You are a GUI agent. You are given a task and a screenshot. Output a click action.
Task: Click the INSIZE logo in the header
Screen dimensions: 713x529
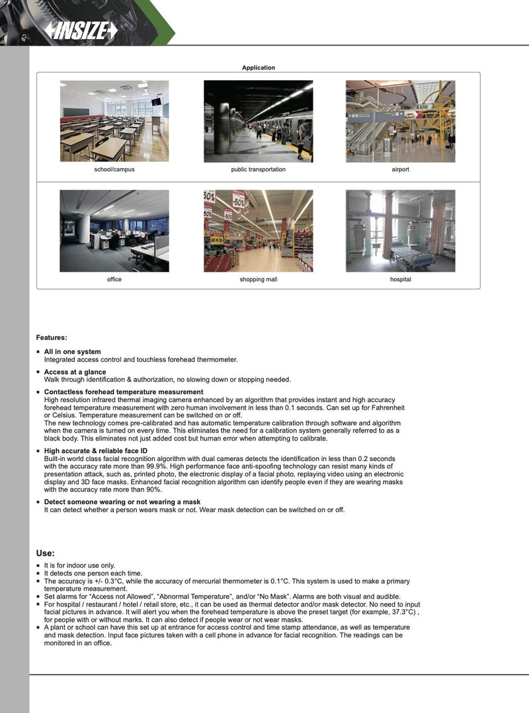tap(81, 30)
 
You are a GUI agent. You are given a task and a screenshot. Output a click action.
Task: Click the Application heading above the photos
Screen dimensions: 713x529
tap(258, 67)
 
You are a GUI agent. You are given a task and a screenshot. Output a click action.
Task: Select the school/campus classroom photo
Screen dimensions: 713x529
tap(114, 121)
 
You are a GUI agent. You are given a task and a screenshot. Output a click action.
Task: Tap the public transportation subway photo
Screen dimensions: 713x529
tap(258, 121)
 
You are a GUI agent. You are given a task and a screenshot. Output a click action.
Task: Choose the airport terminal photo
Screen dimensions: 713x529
tap(400, 121)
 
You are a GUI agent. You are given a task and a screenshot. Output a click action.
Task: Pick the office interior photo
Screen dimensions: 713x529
tap(114, 231)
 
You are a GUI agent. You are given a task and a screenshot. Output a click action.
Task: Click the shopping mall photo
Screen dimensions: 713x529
tap(258, 231)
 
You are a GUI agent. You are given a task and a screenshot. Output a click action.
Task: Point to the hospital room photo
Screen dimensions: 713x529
tap(400, 231)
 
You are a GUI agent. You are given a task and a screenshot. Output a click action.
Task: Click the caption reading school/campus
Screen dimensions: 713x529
tap(114, 170)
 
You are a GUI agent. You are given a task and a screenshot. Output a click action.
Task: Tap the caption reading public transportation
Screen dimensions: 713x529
tap(258, 170)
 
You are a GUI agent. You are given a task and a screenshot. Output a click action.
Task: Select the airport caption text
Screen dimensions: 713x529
tap(400, 170)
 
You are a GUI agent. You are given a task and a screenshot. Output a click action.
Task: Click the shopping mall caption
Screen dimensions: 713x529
tap(258, 280)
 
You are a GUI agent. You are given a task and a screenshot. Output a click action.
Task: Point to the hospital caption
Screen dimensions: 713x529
tap(400, 280)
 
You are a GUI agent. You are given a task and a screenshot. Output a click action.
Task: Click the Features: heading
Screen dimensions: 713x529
tap(52, 338)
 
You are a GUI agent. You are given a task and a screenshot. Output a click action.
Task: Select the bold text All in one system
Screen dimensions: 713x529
tap(73, 352)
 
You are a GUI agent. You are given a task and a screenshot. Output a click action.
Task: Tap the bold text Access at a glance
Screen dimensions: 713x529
tap(75, 372)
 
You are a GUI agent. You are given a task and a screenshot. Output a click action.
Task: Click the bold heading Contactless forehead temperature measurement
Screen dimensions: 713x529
tap(124, 392)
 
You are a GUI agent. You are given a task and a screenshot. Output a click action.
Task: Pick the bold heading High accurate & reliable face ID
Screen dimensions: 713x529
tap(96, 450)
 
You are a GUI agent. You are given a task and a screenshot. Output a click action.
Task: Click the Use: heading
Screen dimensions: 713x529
tap(45, 553)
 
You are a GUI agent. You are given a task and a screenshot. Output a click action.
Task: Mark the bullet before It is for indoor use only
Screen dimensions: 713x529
tap(38, 566)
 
